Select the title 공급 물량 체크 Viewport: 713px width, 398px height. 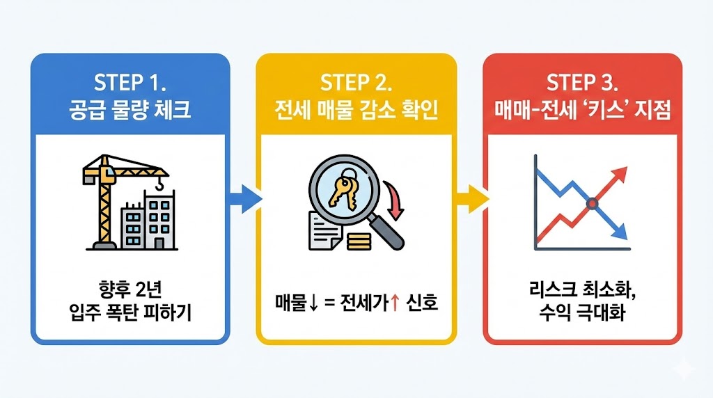(x=130, y=111)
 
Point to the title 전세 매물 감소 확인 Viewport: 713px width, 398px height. (x=356, y=111)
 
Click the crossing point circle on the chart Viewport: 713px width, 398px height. (x=592, y=203)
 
